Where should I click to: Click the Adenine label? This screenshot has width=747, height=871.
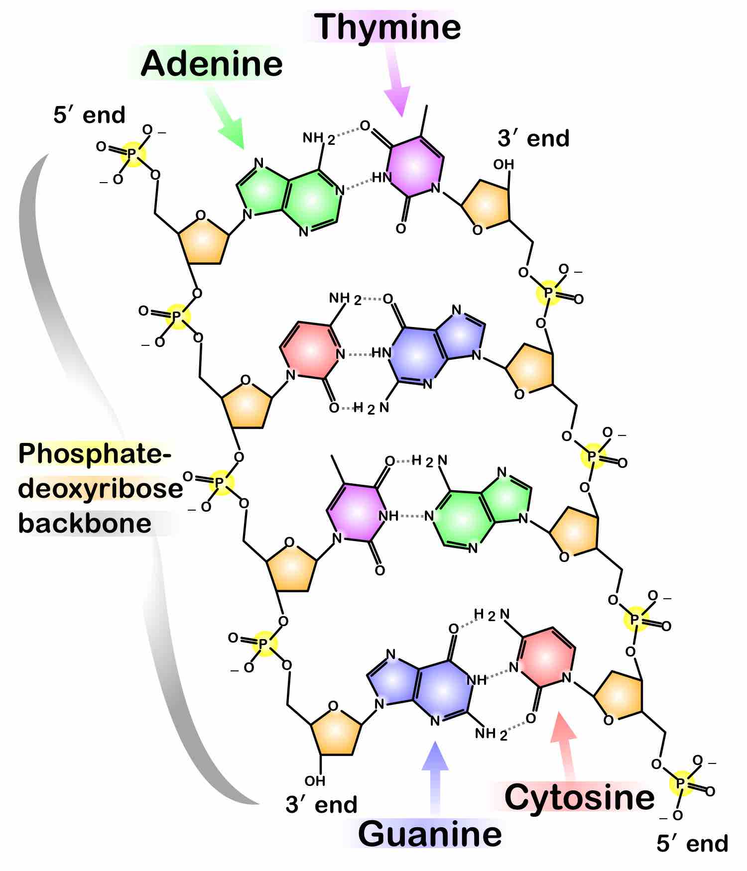tap(212, 64)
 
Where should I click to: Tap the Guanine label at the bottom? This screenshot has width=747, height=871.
tap(430, 834)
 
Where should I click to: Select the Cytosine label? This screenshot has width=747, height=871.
tap(579, 796)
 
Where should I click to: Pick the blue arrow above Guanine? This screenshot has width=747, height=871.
tap(435, 776)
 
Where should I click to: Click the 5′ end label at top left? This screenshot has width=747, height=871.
tap(89, 115)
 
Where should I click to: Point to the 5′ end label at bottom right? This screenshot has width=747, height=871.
tap(692, 844)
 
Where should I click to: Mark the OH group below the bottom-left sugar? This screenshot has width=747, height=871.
tap(315, 780)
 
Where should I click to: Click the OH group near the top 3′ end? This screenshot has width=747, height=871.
tap(503, 164)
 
